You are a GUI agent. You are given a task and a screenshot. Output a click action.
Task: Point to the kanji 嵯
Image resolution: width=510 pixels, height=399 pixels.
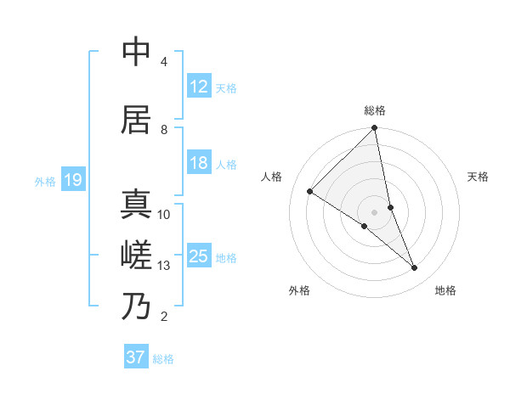[136, 256]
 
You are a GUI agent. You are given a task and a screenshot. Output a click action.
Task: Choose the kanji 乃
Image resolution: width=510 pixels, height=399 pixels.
[136, 306]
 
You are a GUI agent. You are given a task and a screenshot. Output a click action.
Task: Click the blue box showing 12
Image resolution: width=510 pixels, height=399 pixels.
[199, 87]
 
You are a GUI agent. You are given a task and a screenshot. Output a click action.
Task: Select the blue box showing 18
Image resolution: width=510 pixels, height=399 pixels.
[199, 163]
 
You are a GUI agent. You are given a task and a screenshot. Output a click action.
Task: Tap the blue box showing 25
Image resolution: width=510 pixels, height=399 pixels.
[199, 256]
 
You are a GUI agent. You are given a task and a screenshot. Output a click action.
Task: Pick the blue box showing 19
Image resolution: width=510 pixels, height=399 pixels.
[73, 180]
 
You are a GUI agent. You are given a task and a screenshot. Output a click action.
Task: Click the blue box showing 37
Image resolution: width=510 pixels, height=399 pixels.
[136, 357]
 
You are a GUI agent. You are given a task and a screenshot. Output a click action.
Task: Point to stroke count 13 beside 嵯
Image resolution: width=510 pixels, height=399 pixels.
[164, 266]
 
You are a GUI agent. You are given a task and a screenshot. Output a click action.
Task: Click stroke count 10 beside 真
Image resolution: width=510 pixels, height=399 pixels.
[164, 215]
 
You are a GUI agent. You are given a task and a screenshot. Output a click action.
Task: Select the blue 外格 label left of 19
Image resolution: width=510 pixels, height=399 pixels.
[45, 181]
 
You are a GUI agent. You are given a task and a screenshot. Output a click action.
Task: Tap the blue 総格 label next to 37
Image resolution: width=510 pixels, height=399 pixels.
[163, 359]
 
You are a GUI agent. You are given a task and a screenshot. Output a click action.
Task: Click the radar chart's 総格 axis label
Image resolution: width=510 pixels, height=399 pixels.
[375, 110]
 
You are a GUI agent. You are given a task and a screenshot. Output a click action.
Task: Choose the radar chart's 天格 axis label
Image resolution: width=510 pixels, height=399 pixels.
[478, 177]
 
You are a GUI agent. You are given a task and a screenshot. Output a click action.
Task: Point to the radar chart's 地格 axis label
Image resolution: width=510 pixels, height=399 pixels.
[445, 290]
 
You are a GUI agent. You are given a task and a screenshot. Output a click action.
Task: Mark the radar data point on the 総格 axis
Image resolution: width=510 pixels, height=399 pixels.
[375, 129]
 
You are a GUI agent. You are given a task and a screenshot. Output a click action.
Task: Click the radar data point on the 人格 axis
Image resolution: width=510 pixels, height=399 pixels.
[310, 192]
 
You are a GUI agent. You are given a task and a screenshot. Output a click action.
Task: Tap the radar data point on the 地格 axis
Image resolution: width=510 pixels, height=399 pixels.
[415, 268]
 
